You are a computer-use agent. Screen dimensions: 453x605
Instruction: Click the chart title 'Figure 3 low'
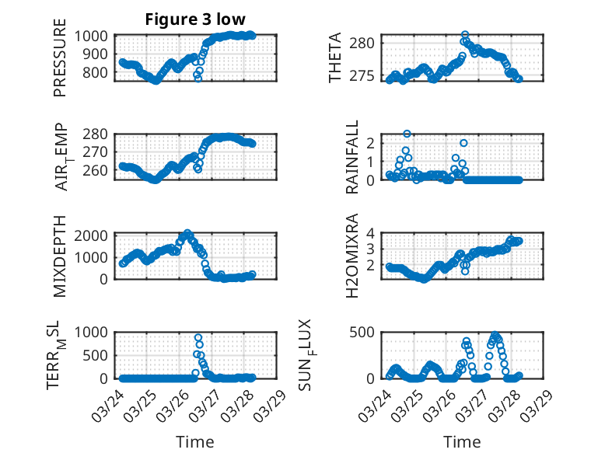point(196,19)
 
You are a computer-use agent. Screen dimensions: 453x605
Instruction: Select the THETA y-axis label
point(335,58)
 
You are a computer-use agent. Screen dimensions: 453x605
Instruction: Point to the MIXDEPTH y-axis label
point(60,255)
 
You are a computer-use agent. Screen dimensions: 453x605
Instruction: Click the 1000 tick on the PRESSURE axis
point(95,36)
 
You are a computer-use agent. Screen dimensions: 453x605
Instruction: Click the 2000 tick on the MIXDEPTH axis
point(95,235)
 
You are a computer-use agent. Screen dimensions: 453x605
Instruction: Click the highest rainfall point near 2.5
point(407,134)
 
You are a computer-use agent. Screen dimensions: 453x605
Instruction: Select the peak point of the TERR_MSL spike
point(198,338)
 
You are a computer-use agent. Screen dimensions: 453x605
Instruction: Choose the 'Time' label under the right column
point(462,441)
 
